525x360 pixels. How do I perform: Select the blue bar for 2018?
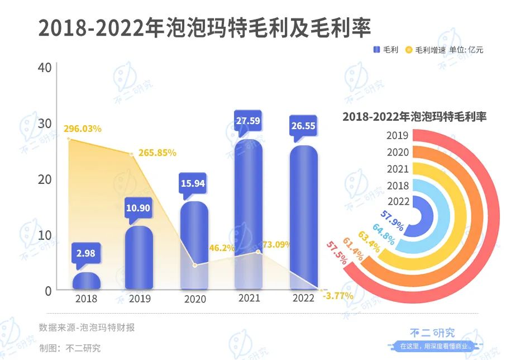pos(87,281)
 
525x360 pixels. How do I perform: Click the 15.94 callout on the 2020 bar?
pos(193,182)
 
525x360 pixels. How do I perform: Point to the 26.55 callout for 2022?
pos(303,126)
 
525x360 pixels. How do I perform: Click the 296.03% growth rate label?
pos(83,129)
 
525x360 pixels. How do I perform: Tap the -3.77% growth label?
pos(338,296)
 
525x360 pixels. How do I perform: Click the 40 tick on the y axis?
pos(45,67)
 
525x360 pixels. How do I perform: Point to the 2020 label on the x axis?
pos(195,299)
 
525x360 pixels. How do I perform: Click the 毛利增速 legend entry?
pos(424,50)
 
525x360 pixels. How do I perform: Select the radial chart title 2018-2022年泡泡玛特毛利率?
pos(414,117)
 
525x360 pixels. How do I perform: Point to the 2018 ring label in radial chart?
pos(398,186)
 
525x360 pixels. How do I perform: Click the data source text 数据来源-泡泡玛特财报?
pos(87,328)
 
